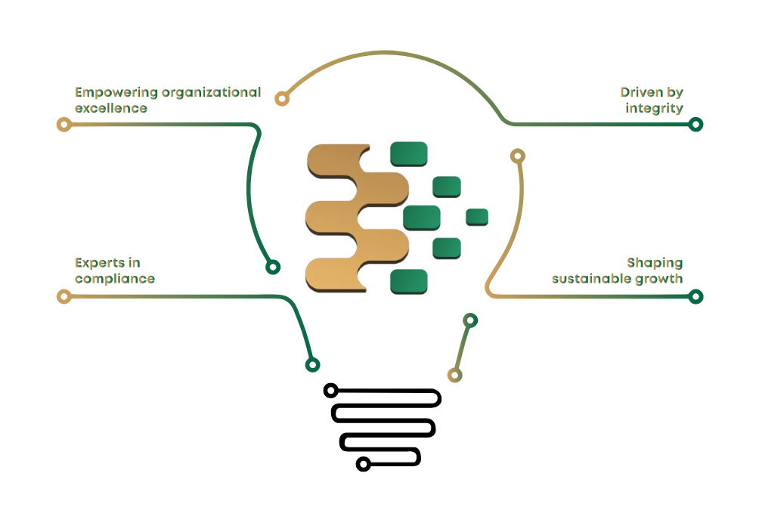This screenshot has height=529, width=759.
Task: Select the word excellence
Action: pos(110,108)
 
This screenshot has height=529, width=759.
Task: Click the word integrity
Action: pos(654,108)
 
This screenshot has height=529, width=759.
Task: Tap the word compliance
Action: pos(114,279)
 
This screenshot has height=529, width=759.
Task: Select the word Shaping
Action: pos(654,263)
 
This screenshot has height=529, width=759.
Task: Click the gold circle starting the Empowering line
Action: pos(64,124)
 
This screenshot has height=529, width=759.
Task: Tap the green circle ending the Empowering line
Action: pos(273,267)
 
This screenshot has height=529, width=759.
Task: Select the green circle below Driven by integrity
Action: pos(695,124)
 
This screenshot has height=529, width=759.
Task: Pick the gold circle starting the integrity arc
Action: pos(282,98)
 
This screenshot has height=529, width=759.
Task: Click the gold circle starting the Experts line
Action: pos(64,296)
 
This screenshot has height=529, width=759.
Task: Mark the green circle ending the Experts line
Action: pos(312,365)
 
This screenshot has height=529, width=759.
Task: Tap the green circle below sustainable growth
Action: pos(695,296)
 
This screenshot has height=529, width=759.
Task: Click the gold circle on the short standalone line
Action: pos(454,375)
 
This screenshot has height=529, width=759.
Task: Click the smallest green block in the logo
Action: pos(476,216)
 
